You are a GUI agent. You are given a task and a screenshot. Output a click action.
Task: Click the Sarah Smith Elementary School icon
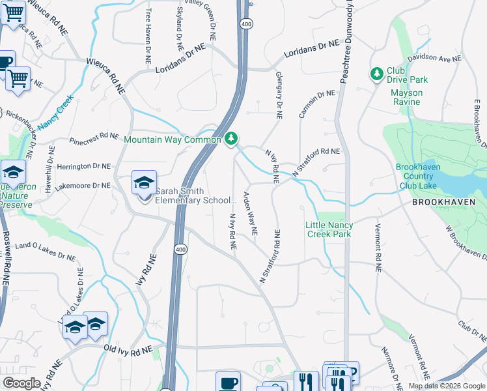(x=144, y=182)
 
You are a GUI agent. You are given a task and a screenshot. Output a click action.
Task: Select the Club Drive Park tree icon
(x=376, y=74)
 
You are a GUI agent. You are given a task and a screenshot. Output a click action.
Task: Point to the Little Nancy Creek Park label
(x=329, y=229)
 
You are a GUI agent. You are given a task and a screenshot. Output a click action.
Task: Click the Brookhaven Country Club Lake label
(x=418, y=176)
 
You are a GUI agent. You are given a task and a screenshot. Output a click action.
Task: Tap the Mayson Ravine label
(x=407, y=97)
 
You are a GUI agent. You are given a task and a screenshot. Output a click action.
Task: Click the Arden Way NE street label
(x=251, y=213)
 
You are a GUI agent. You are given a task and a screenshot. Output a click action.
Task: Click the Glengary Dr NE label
(x=279, y=95)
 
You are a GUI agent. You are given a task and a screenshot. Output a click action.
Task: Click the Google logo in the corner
(x=21, y=383)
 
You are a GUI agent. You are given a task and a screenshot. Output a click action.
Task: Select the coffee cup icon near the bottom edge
(x=228, y=382)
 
